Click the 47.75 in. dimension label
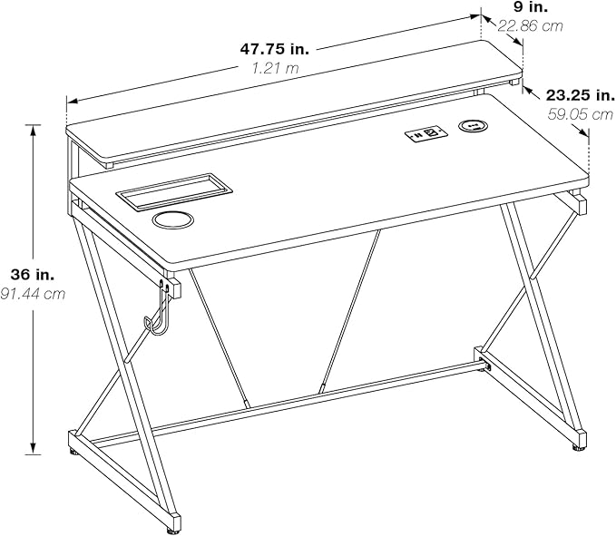pyautogui.click(x=275, y=49)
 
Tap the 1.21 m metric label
pyautogui.click(x=275, y=68)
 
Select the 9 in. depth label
pyautogui.click(x=531, y=6)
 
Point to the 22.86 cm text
pyautogui.click(x=531, y=26)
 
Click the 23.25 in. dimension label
pyautogui.click(x=581, y=95)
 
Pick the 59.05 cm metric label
pyautogui.click(x=581, y=114)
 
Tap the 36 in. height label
pyautogui.click(x=33, y=275)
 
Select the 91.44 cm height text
pyautogui.click(x=33, y=294)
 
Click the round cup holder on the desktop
pyautogui.click(x=173, y=219)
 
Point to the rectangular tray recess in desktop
pyautogui.click(x=174, y=190)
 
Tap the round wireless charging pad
pyautogui.click(x=473, y=126)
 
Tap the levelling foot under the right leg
pyautogui.click(x=577, y=448)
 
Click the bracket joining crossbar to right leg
pyautogui.click(x=484, y=365)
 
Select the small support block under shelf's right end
pyautogui.click(x=513, y=83)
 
